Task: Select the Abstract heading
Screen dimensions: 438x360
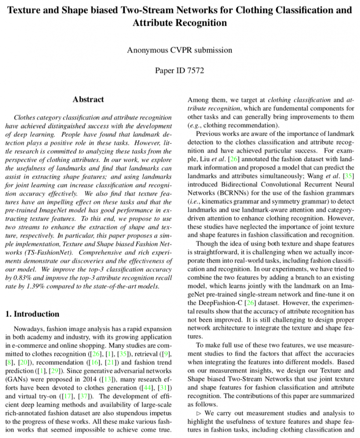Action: click(88, 99)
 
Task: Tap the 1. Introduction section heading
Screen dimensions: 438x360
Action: click(32, 314)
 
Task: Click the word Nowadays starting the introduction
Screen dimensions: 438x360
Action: click(29, 329)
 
